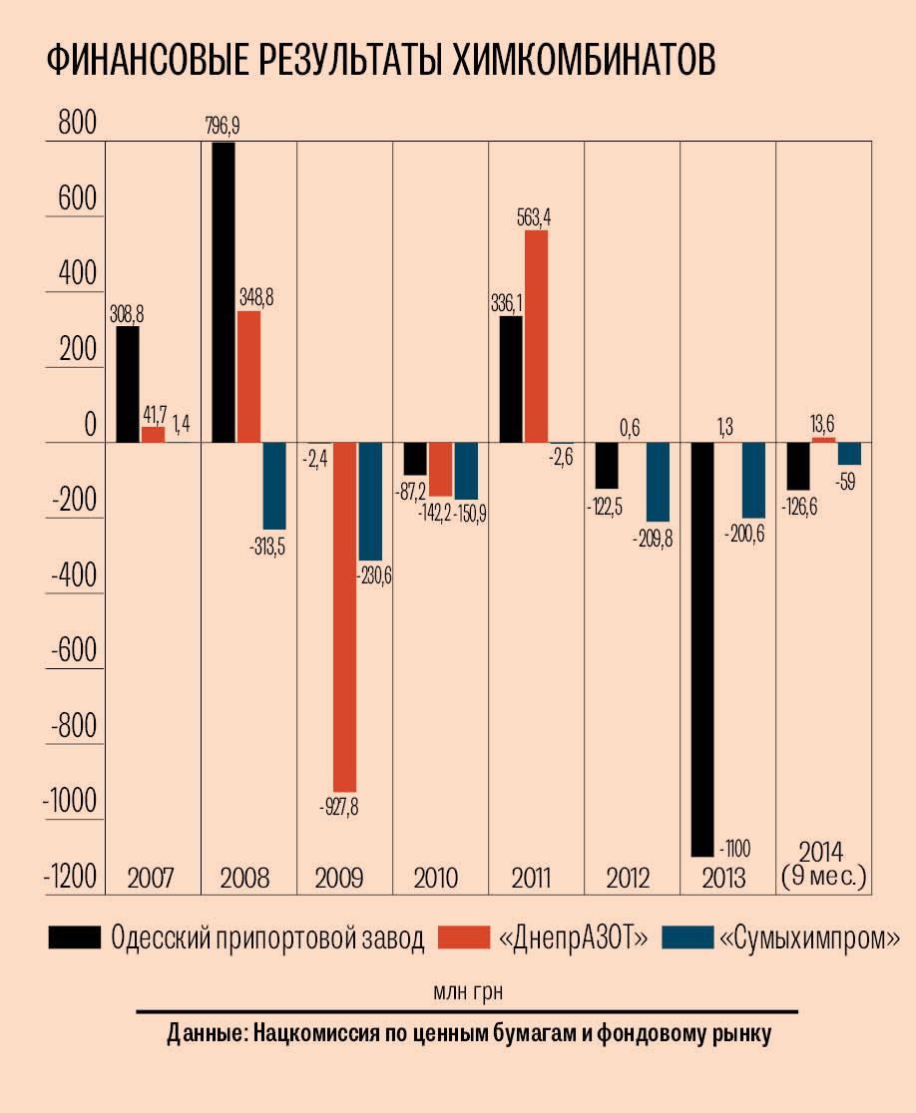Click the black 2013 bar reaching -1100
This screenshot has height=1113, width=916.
coord(703,648)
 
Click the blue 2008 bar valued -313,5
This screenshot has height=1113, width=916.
coord(274,486)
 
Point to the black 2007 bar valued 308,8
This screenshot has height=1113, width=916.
coord(128,384)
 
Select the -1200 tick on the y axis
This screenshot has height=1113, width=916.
coord(68,877)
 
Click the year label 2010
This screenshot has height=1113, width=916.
coord(435,879)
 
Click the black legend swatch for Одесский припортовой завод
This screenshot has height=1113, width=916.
coord(75,938)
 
